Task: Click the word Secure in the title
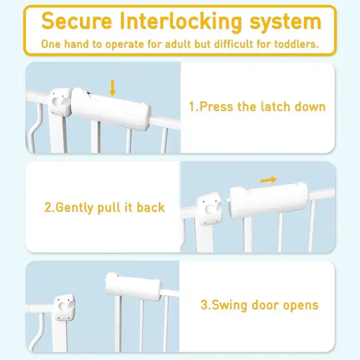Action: pos(76,21)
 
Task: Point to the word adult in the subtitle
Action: pos(178,44)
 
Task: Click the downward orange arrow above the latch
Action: pos(112,88)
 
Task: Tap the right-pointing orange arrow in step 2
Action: pos(269,180)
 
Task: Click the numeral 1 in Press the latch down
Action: pos(192,107)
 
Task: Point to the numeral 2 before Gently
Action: pos(48,208)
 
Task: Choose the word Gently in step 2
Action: pos(75,208)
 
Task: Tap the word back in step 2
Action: pos(151,208)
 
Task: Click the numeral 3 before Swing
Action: pos(204,305)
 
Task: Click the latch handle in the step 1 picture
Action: pos(111,109)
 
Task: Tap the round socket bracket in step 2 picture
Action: pos(209,209)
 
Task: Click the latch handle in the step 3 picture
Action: pos(134,287)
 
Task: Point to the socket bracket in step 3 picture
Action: pos(64,307)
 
